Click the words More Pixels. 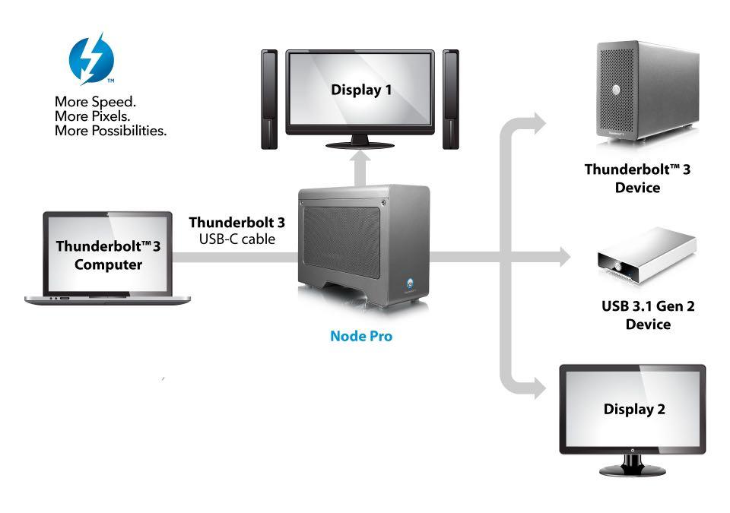click(92, 116)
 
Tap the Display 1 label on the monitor click(361, 90)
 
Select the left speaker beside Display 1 click(269, 99)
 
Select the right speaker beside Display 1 click(451, 99)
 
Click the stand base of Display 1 click(360, 143)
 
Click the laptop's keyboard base click(107, 299)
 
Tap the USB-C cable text click(236, 239)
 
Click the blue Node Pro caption click(361, 335)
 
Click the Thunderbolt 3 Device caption click(637, 178)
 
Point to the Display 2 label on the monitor click(634, 409)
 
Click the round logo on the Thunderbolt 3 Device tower click(617, 90)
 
